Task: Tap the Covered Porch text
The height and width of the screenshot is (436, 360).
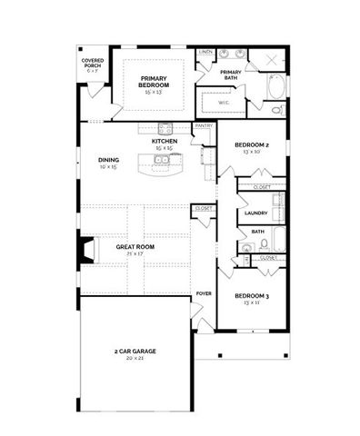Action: pyautogui.click(x=93, y=64)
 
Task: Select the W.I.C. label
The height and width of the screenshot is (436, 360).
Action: pyautogui.click(x=223, y=103)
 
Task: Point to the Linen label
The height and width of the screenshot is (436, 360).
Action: pyautogui.click(x=205, y=52)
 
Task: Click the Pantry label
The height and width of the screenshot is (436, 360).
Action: pyautogui.click(x=204, y=126)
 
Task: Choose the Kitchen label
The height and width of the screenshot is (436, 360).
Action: pyautogui.click(x=165, y=142)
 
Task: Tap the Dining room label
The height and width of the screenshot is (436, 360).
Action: pyautogui.click(x=108, y=161)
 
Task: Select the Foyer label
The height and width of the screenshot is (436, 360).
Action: pyautogui.click(x=205, y=294)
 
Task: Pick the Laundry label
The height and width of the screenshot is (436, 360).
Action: pyautogui.click(x=255, y=213)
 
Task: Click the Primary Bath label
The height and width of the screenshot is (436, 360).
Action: pyautogui.click(x=231, y=74)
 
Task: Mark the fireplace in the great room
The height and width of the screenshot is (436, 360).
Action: pyautogui.click(x=85, y=250)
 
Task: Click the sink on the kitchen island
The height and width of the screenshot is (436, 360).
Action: pyautogui.click(x=161, y=163)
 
